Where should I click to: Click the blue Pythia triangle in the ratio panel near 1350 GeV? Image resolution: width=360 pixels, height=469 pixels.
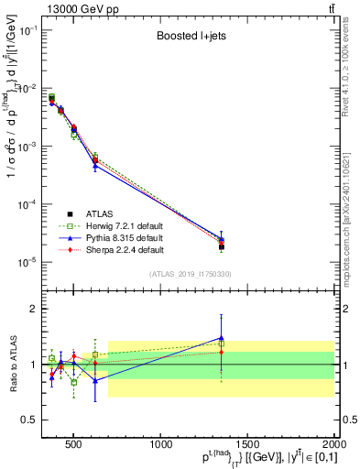pyautogui.click(x=221, y=337)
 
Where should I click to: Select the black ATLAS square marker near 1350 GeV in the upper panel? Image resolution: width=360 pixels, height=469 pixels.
pyautogui.click(x=221, y=246)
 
